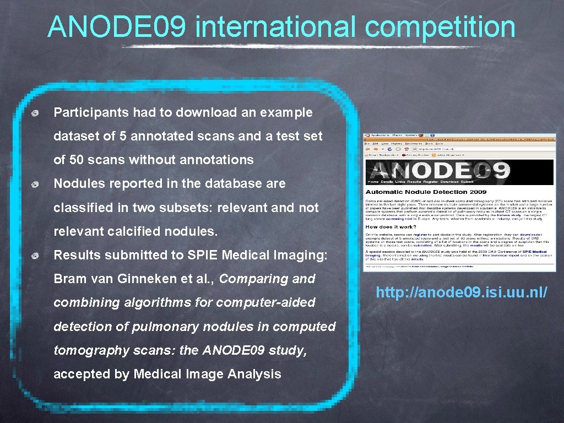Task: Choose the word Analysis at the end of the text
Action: (x=254, y=374)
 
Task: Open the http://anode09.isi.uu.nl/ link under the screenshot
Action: (x=462, y=292)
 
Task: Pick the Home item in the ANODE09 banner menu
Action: (x=373, y=181)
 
